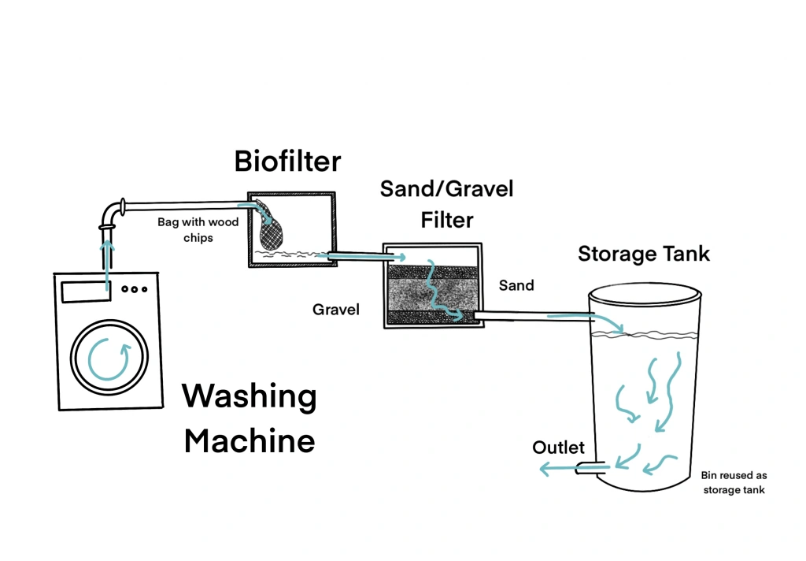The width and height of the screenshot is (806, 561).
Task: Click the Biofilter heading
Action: (287, 162)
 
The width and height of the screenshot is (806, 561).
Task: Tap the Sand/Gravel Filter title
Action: (446, 202)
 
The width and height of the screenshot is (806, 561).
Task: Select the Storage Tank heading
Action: (644, 254)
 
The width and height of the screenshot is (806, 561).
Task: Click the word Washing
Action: (249, 396)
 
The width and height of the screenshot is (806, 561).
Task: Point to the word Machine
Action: (249, 440)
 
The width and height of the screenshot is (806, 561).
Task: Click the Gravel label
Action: (336, 310)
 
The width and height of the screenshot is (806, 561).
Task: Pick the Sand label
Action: (516, 285)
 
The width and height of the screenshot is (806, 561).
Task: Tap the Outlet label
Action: (558, 448)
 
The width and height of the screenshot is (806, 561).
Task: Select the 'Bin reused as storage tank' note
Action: (734, 483)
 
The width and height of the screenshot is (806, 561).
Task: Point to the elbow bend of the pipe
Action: (113, 211)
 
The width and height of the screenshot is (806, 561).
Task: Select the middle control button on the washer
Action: (135, 289)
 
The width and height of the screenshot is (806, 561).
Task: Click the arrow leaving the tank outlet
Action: (559, 470)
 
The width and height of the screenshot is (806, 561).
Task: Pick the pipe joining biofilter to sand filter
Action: (358, 255)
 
